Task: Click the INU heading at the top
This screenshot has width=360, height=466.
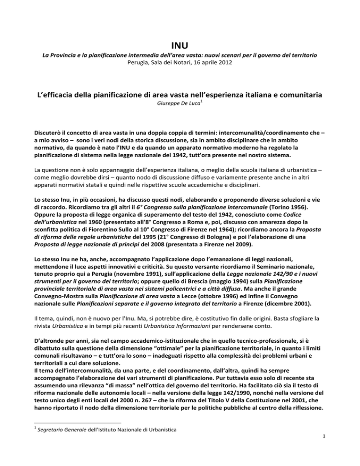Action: point(180,46)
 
